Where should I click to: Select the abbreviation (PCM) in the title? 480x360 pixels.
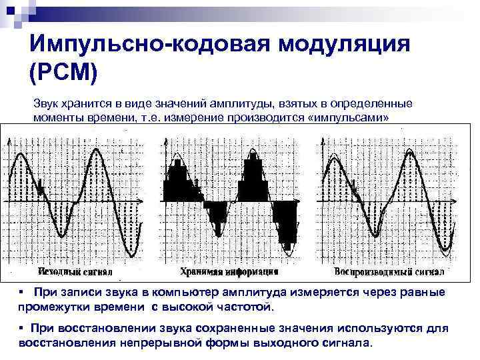pos(64,72)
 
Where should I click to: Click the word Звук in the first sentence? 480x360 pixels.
pos(47,104)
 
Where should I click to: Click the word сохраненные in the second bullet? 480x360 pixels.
pos(224,329)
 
